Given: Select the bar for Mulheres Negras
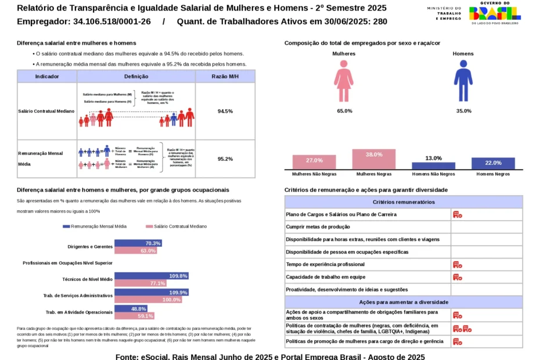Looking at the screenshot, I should (x=374, y=159).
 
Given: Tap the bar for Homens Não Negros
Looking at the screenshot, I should (x=433, y=165).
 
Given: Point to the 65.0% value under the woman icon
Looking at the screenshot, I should (x=344, y=111).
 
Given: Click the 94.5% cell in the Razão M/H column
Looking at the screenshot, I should (x=225, y=111).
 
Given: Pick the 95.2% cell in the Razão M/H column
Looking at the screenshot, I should (x=225, y=159).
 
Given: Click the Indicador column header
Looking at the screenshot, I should (x=47, y=77).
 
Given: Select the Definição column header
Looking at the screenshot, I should (x=136, y=77).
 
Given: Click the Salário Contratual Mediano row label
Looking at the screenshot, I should (x=47, y=111).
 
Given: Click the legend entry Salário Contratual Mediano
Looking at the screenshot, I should (x=177, y=226).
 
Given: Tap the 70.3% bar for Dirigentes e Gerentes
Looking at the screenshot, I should (x=138, y=243).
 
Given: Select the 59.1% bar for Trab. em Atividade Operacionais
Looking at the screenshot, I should (x=134, y=316).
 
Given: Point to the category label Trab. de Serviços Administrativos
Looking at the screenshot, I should (x=78, y=296).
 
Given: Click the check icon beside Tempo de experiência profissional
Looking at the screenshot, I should (x=458, y=265).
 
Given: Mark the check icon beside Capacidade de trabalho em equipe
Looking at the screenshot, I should (x=458, y=277).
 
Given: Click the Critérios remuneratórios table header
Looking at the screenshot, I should (x=404, y=202).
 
